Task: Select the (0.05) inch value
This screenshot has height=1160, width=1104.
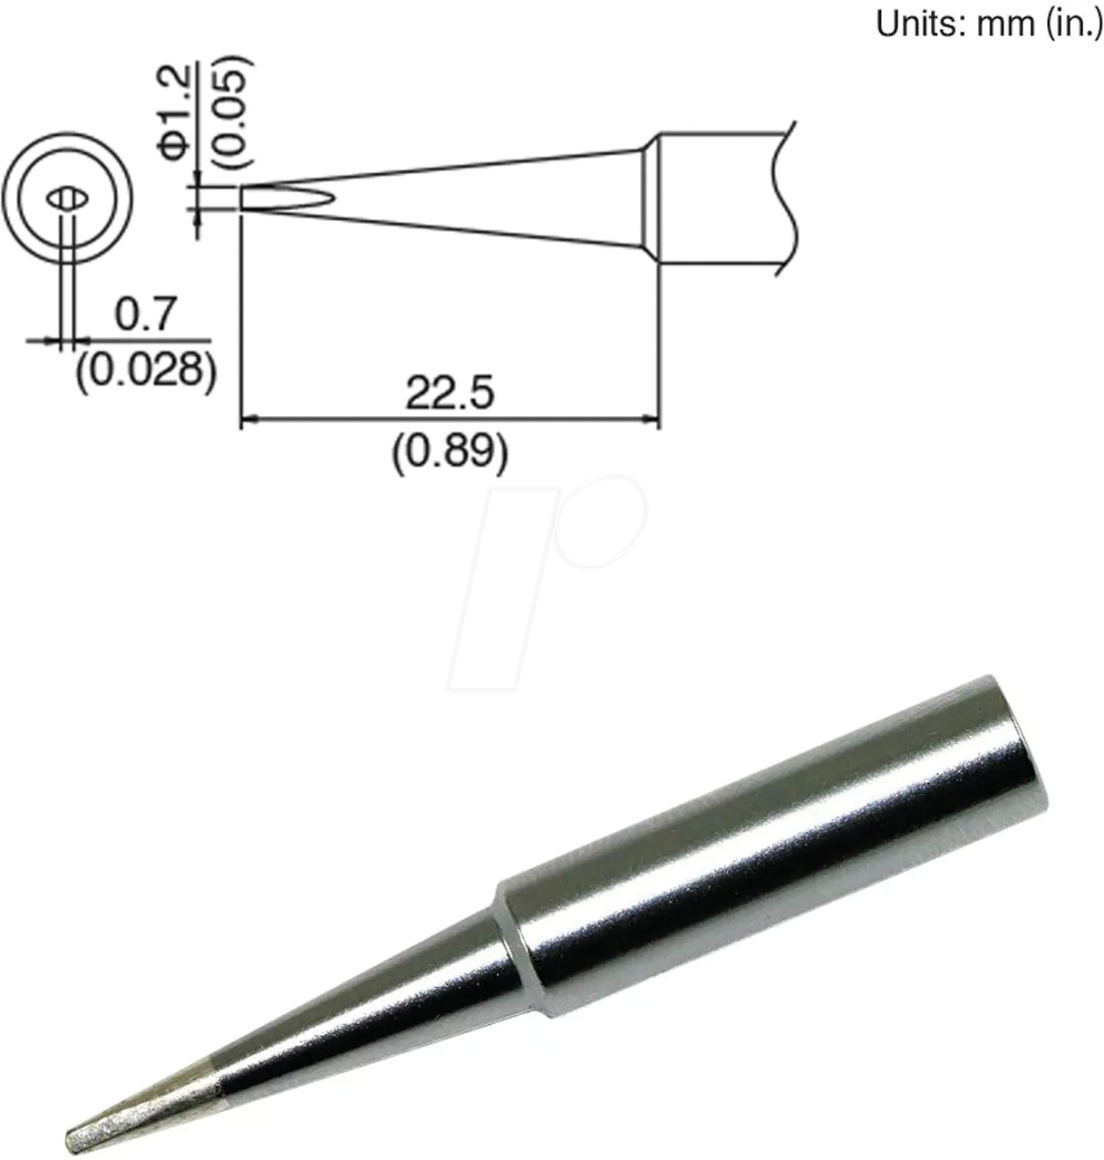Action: pos(231,113)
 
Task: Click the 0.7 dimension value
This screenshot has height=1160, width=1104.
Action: pos(144,314)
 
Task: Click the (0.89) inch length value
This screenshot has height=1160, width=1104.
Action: pos(449,449)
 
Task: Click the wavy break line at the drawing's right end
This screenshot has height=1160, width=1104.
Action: pos(785,199)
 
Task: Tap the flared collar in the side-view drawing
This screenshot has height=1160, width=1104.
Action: pos(647,199)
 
